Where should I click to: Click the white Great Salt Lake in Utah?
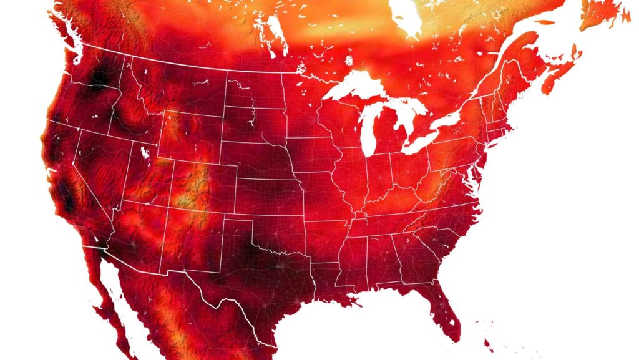tap(145, 152)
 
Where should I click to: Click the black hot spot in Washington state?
tap(99, 78)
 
